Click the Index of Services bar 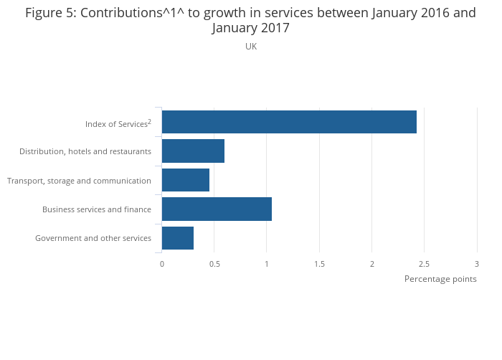point(289,122)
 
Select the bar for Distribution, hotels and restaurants point(193,151)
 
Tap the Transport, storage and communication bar point(186,180)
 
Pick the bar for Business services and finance point(217,209)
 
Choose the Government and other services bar point(178,238)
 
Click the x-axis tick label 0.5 point(214,264)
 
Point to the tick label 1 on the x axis point(267,264)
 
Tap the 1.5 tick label point(319,264)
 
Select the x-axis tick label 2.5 point(425,264)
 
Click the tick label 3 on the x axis point(477,264)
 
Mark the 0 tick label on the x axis point(162,264)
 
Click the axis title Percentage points point(440,279)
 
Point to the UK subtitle point(251,47)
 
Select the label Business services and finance point(97,209)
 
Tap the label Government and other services point(93,238)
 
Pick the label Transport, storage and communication point(79,181)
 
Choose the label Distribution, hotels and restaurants point(85,151)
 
